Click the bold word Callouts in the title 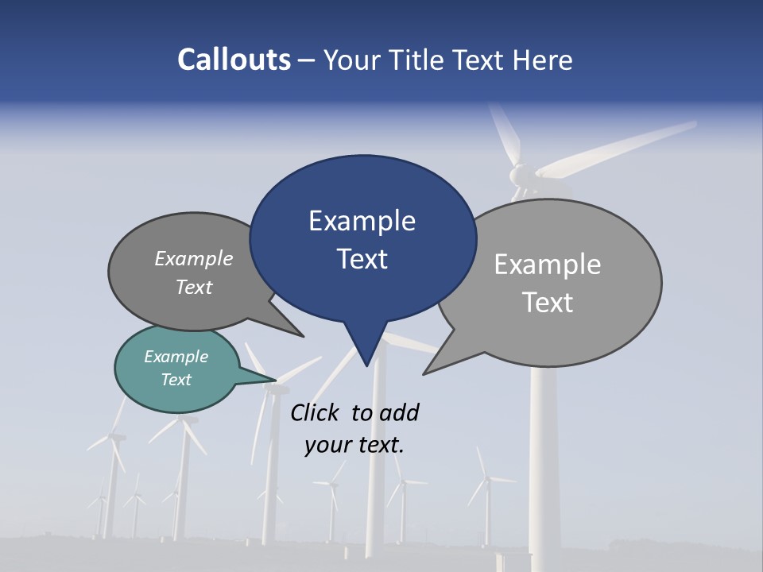234,60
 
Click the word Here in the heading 541,60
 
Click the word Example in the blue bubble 362,221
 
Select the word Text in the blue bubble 362,259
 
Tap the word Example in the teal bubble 176,357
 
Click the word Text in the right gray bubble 548,303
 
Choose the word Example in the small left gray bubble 194,258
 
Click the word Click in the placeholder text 315,412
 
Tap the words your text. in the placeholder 354,445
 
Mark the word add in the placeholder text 398,412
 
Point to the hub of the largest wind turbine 519,172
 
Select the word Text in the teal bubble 176,380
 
